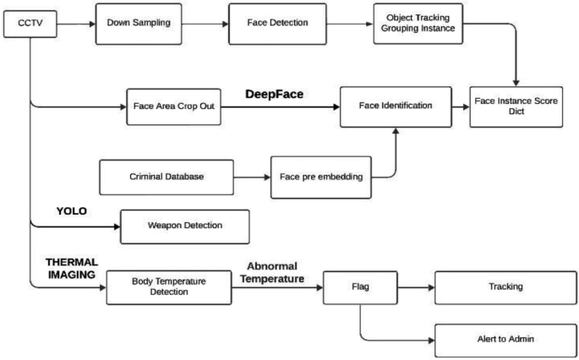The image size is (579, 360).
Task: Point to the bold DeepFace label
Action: point(274,95)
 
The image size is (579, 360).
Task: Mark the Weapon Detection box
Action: point(185,226)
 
